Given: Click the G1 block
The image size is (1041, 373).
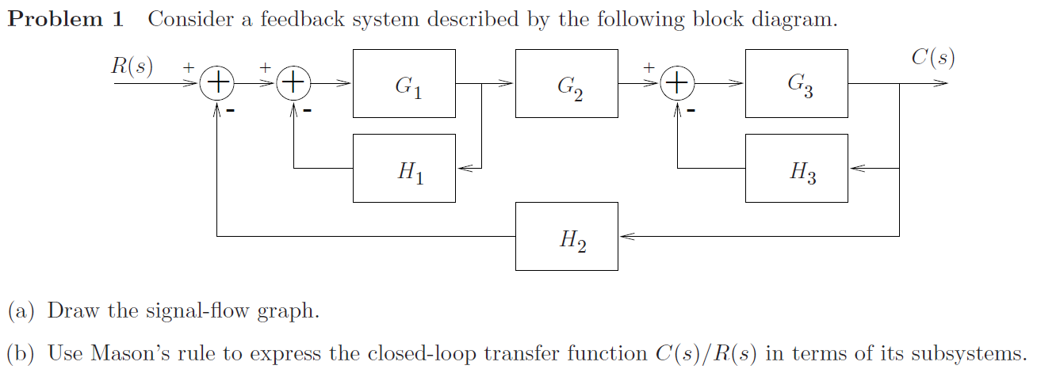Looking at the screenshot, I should click(x=404, y=83).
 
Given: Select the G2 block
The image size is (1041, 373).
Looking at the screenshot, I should click(x=566, y=83).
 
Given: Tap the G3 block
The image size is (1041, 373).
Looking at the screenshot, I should click(x=796, y=83).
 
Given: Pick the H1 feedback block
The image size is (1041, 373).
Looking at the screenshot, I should click(x=404, y=168).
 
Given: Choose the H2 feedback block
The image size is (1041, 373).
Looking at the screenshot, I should click(x=566, y=236).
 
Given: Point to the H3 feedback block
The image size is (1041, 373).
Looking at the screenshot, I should click(x=796, y=168).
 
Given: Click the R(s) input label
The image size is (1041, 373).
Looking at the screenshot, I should click(x=132, y=65).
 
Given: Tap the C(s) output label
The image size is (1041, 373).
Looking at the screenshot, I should click(x=932, y=58).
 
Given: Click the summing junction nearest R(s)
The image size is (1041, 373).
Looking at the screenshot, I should click(x=216, y=82).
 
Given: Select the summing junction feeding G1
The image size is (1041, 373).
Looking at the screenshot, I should click(x=293, y=82).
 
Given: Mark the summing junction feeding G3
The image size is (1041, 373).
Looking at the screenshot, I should click(x=677, y=82).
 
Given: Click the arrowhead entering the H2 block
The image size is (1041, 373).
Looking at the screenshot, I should click(x=626, y=236).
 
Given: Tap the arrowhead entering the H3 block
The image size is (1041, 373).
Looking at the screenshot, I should click(x=855, y=168).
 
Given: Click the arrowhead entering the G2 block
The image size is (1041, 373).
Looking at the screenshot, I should click(x=507, y=82).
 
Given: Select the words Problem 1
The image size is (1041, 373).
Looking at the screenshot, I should click(x=66, y=20).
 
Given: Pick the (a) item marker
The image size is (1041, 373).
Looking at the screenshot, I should click(x=21, y=310).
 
